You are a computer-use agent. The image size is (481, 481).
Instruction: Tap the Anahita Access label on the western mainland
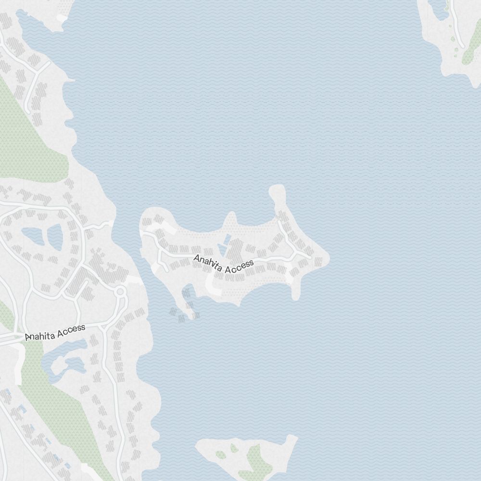(x=55, y=332)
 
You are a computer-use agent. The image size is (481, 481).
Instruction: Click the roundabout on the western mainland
(x=120, y=291)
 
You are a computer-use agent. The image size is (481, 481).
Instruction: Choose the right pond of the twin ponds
(x=55, y=237)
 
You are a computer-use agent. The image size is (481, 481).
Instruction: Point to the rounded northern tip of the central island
(x=277, y=192)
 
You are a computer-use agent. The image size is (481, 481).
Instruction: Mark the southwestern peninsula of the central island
(x=185, y=301)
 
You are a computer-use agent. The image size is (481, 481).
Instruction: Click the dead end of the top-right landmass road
(x=461, y=46)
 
